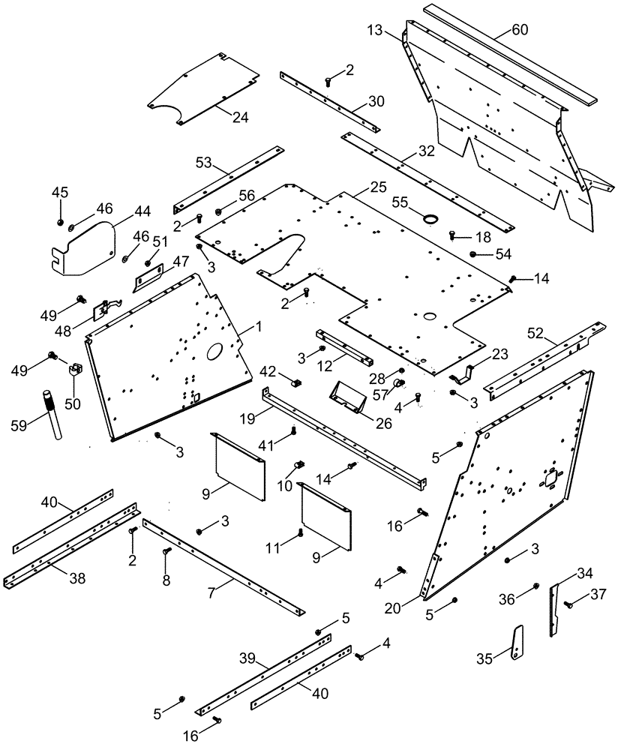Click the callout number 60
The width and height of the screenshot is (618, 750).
pos(520,30)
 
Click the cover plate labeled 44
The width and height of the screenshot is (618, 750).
pos(88,244)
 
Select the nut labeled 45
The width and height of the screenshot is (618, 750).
pos(60,223)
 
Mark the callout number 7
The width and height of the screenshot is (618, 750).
pos(212,592)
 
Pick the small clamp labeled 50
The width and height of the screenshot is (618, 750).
pos(75,370)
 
